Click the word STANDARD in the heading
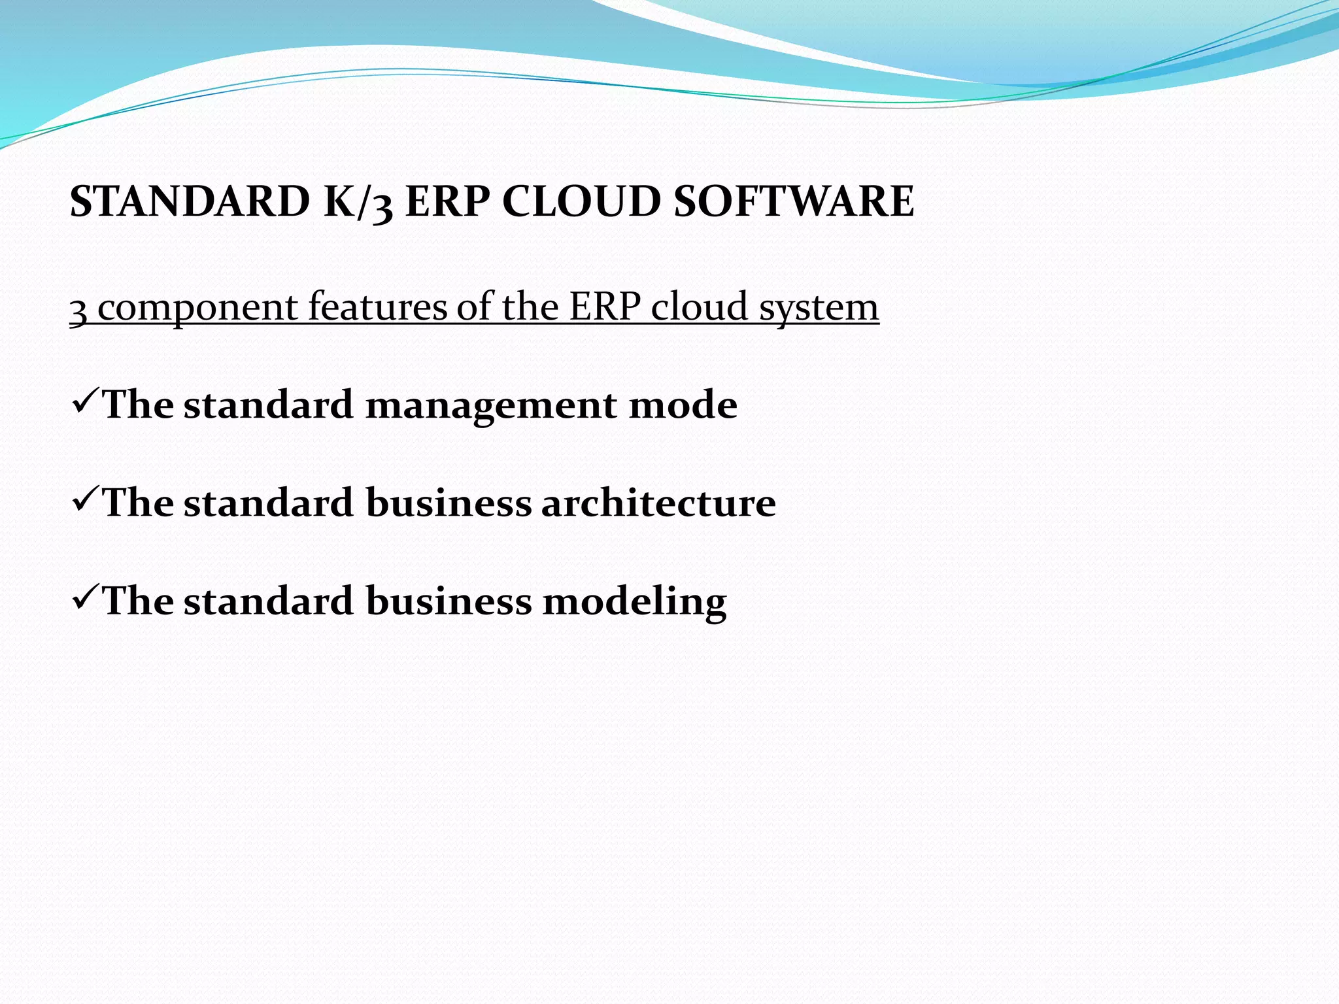[x=190, y=201]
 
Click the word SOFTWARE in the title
[x=794, y=201]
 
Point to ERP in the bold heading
[x=447, y=201]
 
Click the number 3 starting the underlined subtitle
[x=78, y=309]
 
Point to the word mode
[x=683, y=405]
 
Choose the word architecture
[x=658, y=503]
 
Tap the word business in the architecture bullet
[x=449, y=503]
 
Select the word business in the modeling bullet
[x=449, y=601]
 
